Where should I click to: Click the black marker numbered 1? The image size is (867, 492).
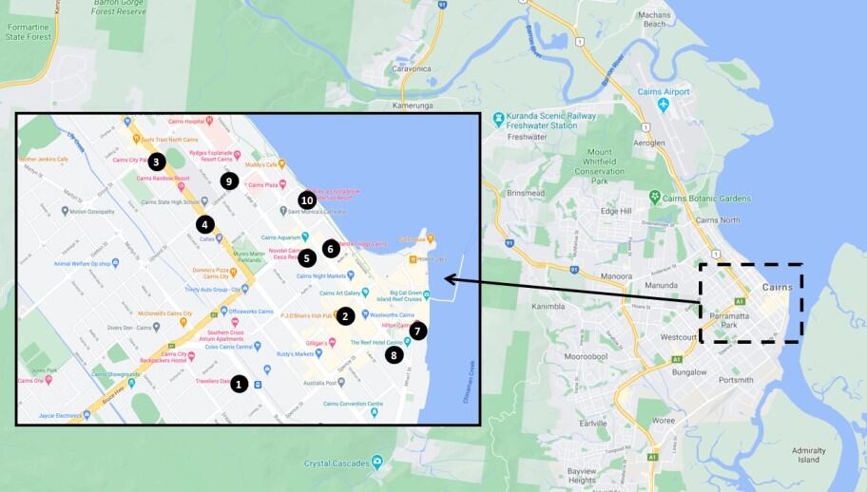(239, 384)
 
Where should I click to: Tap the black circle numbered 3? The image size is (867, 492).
(157, 161)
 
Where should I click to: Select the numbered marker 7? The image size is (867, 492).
(418, 331)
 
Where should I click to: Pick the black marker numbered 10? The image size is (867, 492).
(306, 199)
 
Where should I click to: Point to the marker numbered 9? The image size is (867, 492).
(227, 180)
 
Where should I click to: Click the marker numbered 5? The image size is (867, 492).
(306, 257)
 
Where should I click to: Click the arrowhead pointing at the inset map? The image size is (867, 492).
(448, 279)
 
